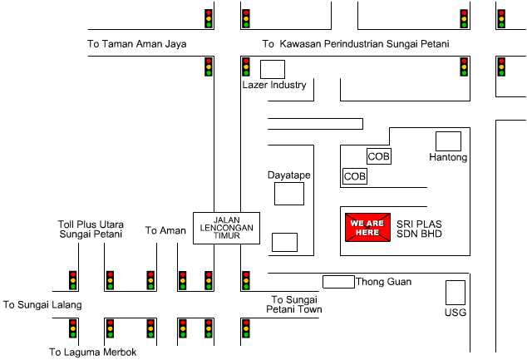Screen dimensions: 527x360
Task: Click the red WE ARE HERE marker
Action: tap(367, 227)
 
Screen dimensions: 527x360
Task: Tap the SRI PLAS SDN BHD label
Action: tap(419, 229)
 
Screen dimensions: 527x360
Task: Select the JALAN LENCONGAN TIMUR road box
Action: tap(227, 228)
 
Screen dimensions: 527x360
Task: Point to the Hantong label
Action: tap(448, 157)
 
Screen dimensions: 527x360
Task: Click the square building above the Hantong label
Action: tap(448, 141)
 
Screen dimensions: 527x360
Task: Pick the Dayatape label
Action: tap(289, 175)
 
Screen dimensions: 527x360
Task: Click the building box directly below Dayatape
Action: tap(289, 194)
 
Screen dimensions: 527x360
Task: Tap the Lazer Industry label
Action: tap(274, 85)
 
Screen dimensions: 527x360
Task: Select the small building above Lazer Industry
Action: tap(273, 70)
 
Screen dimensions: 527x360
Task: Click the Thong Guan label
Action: tap(383, 281)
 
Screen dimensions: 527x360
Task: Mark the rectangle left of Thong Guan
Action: tap(339, 282)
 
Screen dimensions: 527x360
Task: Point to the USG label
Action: tap(456, 313)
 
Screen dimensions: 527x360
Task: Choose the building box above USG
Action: tap(456, 293)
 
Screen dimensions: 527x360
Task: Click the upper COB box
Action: tap(379, 156)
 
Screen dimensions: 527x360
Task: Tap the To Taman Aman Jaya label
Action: tap(137, 44)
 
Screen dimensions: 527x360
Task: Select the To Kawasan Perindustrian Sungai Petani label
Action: tap(356, 44)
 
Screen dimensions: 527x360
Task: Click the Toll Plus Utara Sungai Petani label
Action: tap(91, 229)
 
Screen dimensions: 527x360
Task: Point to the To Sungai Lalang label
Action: tap(42, 305)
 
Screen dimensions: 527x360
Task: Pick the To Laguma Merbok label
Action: tap(93, 352)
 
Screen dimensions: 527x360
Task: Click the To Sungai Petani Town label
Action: tap(294, 304)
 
